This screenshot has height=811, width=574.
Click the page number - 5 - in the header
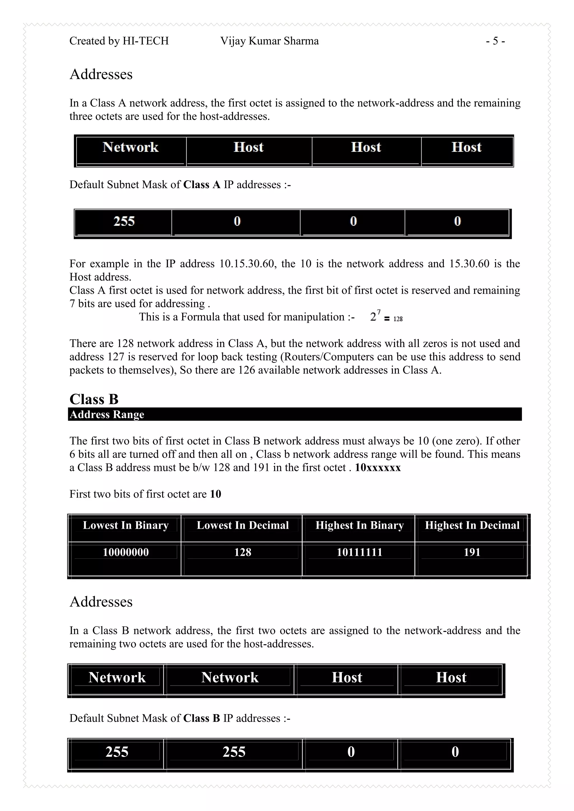pos(495,41)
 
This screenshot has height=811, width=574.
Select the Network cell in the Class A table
pos(130,147)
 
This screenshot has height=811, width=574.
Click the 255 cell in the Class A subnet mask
pos(124,221)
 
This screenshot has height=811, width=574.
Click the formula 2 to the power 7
pos(375,316)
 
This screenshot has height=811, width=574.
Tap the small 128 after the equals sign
pos(398,319)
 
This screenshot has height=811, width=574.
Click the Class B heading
pos(94,399)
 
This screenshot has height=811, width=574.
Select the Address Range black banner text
pos(107,414)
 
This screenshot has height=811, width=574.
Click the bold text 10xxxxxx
pos(378,468)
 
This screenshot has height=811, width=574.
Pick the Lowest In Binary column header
pos(126,525)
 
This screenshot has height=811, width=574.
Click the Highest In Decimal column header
pos(472,525)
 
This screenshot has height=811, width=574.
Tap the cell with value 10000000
pos(126,552)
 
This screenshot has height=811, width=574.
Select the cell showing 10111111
pos(360,552)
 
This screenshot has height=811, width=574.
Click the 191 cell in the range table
pos(472,552)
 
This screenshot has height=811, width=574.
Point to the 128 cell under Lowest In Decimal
pos(243,552)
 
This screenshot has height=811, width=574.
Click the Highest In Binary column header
pos(360,525)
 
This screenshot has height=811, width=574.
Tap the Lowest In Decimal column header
pos(243,525)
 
